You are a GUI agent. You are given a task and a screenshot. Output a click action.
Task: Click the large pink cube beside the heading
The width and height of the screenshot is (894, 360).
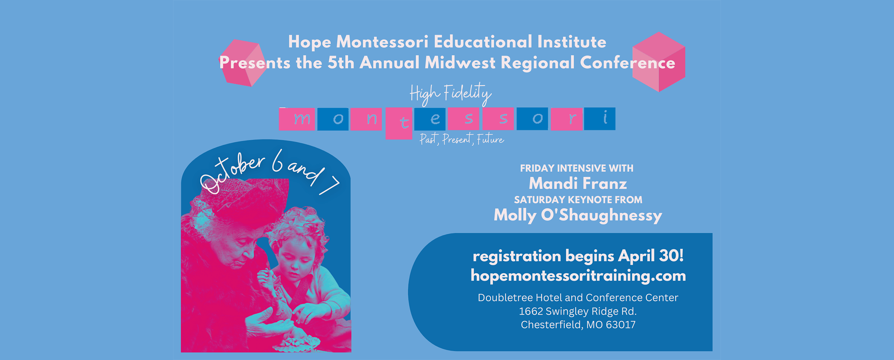(x=658, y=62)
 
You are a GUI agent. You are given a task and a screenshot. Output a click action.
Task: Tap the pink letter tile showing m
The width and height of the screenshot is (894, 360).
(x=297, y=119)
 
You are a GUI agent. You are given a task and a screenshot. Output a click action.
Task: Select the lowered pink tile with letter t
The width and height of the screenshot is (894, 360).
(x=399, y=123)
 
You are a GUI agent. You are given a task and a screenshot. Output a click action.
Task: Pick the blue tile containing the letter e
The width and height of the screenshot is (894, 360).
(x=430, y=119)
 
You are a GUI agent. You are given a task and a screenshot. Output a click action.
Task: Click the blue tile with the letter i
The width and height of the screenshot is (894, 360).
(x=600, y=118)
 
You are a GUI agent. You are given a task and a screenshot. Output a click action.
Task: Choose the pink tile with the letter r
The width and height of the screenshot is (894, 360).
(x=566, y=119)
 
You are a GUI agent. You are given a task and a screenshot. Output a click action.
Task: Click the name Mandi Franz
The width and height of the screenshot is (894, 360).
(x=578, y=183)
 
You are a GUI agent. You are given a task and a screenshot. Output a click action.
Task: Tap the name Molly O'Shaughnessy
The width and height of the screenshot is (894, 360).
(x=578, y=215)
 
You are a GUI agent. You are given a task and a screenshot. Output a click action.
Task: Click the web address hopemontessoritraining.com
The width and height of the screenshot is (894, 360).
(x=578, y=276)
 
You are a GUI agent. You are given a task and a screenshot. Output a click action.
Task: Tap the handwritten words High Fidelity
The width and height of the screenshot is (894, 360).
(x=450, y=94)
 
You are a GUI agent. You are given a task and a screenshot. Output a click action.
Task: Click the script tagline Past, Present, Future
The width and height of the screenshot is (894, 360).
(x=462, y=139)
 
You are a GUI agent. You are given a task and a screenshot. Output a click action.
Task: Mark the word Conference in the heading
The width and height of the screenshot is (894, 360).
(x=628, y=63)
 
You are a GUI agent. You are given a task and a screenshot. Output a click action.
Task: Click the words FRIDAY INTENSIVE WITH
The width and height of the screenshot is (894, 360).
(x=577, y=168)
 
